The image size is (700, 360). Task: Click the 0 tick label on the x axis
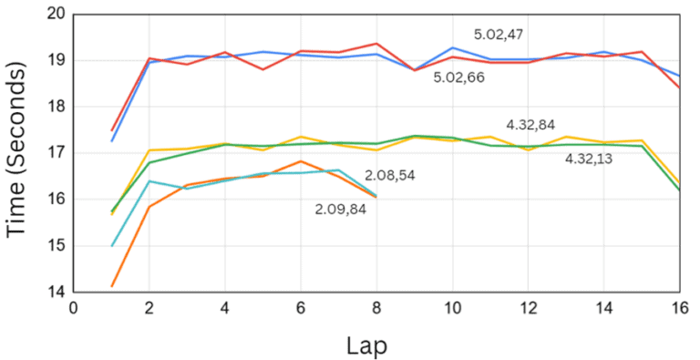click(74, 309)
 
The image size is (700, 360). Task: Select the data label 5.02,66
click(458, 77)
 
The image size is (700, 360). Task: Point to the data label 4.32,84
click(530, 125)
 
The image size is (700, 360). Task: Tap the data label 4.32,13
click(590, 159)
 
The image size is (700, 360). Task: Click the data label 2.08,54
click(390, 175)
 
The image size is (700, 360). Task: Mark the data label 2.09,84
click(340, 209)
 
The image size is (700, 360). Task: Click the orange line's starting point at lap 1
click(112, 286)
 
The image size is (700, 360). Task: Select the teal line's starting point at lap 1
click(112, 246)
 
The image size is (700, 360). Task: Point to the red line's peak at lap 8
click(376, 44)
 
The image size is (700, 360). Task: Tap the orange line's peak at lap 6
click(300, 161)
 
